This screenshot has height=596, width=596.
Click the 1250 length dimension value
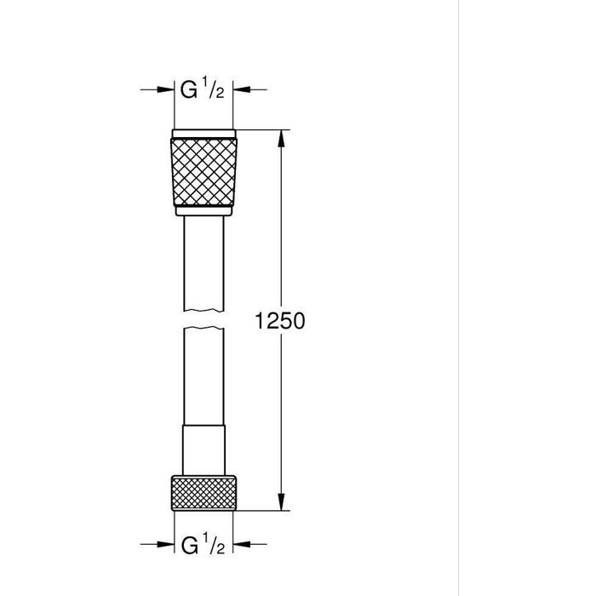pyautogui.click(x=280, y=320)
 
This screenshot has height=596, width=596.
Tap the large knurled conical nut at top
pyautogui.click(x=203, y=172)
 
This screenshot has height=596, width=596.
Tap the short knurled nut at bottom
pyautogui.click(x=203, y=493)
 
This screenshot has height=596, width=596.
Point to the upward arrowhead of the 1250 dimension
pyautogui.click(x=281, y=138)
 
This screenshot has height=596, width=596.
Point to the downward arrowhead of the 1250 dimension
pyautogui.click(x=281, y=501)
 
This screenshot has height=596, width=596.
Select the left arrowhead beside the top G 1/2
pyautogui.click(x=165, y=89)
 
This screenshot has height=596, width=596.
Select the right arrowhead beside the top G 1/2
pyautogui.click(x=241, y=89)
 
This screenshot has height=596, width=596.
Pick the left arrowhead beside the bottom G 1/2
pyautogui.click(x=165, y=544)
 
